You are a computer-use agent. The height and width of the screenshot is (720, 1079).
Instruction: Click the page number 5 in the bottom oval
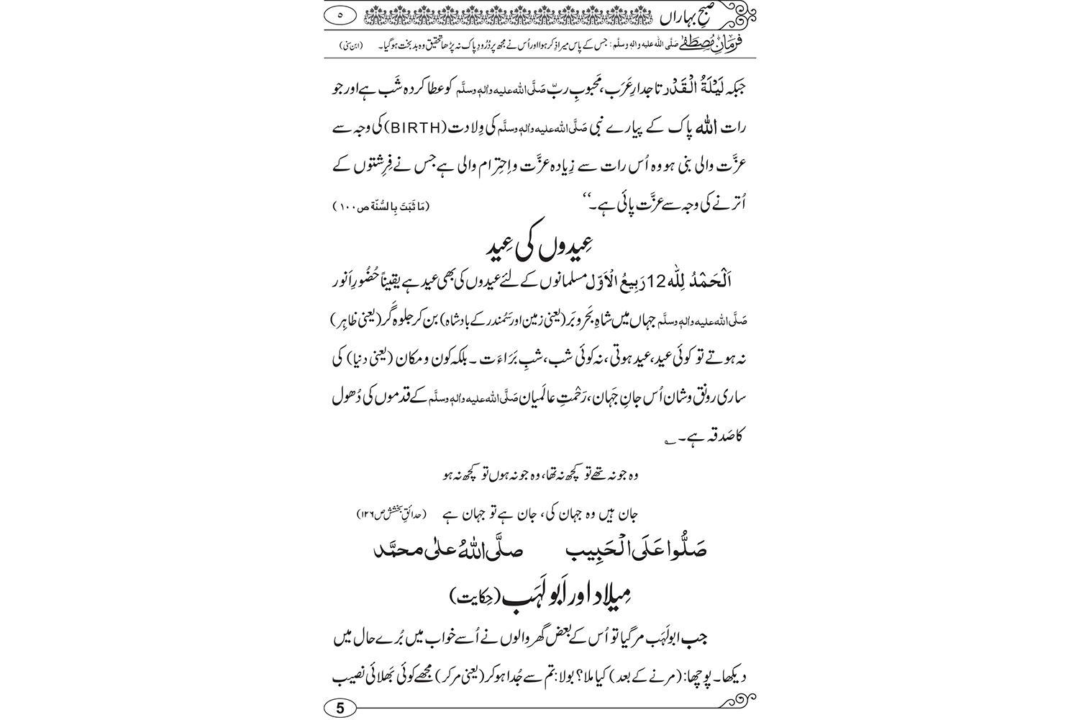tap(340, 708)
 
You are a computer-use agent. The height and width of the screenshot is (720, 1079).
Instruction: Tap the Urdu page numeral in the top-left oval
tap(340, 13)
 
